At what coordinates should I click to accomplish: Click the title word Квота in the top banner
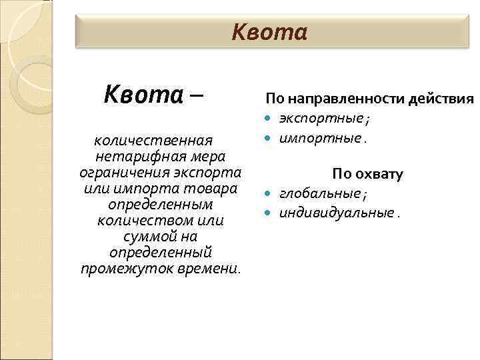269,32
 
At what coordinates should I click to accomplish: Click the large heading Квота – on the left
154,96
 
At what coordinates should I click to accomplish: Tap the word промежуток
120,268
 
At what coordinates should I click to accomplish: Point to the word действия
443,99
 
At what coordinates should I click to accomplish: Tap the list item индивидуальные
337,213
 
